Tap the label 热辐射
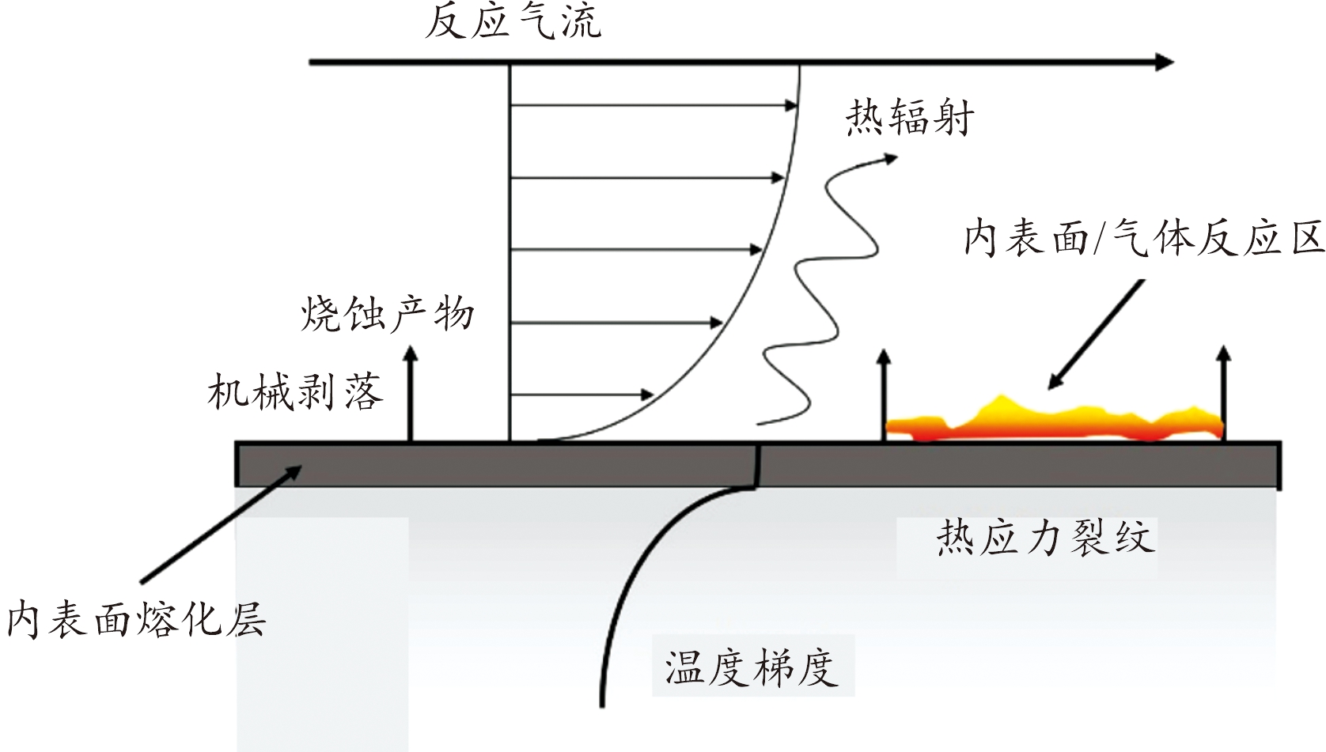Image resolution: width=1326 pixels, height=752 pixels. (909, 118)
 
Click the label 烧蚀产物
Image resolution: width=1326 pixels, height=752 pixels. (388, 313)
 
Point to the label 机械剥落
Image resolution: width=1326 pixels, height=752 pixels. (295, 391)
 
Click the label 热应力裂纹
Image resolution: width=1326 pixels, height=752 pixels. (1045, 538)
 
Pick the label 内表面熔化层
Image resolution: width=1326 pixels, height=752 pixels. (136, 619)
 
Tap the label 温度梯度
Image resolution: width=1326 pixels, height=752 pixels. (752, 668)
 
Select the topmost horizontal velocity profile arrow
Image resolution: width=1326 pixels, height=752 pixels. (654, 106)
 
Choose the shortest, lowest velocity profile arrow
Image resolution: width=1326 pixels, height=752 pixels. (582, 395)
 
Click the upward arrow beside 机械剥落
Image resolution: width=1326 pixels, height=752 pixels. (411, 394)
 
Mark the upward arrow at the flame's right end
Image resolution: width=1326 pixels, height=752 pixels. (1224, 394)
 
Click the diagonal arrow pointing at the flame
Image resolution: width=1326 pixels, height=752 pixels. (1096, 334)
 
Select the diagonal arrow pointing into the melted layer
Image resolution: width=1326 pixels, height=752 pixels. (221, 524)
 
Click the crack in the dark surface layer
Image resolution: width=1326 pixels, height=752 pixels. (758, 465)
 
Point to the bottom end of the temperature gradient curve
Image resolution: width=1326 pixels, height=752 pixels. (602, 706)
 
